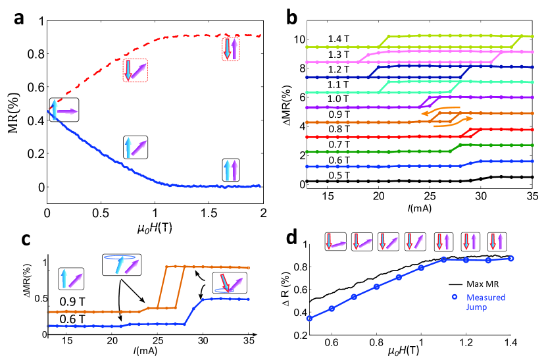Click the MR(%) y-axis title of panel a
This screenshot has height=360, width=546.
pyautogui.click(x=12, y=104)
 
